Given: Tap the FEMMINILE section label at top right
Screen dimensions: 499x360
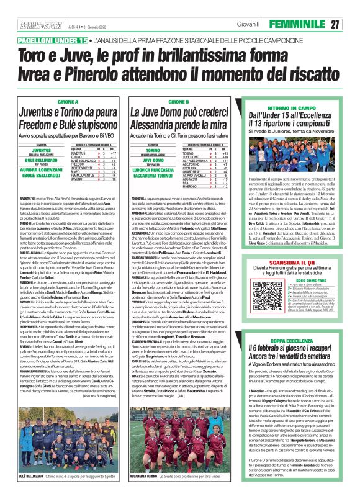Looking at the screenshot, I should (x=300, y=24).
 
